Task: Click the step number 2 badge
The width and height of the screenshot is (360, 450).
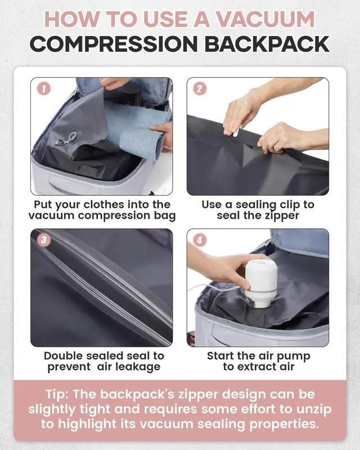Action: click(200, 88)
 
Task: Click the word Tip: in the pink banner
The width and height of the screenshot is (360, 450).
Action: click(60, 393)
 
